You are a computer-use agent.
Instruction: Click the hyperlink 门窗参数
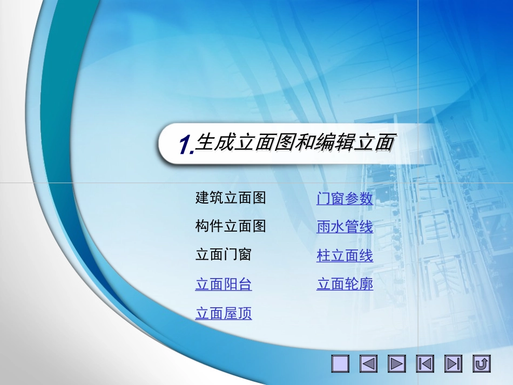point(345,199)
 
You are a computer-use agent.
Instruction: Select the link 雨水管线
point(345,227)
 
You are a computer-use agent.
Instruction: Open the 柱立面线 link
point(345,256)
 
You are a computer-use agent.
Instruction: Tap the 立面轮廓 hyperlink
point(345,284)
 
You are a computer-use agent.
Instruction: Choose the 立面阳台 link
point(224,285)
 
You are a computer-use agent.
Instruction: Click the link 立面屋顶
point(224,314)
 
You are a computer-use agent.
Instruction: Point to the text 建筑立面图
point(231,198)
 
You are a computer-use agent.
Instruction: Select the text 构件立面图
point(231,226)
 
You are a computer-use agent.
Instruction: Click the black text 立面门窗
point(224,254)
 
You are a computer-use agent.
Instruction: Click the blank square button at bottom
point(341,364)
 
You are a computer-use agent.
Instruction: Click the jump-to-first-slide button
point(425,364)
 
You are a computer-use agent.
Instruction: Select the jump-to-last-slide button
point(453,364)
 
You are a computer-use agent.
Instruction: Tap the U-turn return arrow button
point(481,364)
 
